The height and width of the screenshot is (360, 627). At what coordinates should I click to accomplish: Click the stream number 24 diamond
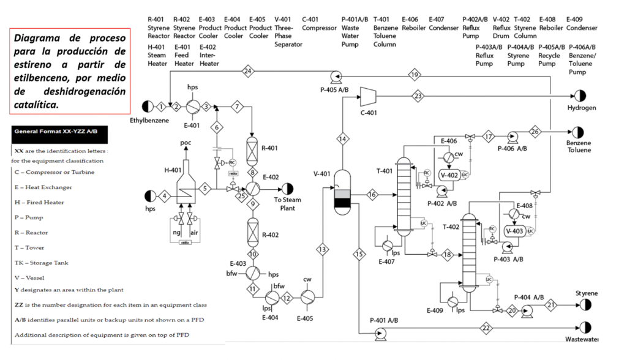[x=248, y=71]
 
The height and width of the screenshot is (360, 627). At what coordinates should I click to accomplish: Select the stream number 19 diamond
[x=415, y=75]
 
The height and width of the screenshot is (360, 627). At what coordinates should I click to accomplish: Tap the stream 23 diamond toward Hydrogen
[x=418, y=96]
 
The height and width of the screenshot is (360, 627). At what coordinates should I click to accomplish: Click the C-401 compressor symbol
[x=368, y=94]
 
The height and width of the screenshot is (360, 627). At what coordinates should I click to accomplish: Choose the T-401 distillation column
[x=404, y=196]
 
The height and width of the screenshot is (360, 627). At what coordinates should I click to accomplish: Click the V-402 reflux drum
[x=450, y=175]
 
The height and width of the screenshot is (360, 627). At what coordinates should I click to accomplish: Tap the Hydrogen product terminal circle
[x=579, y=96]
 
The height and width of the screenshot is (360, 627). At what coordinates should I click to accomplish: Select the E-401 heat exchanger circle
[x=193, y=107]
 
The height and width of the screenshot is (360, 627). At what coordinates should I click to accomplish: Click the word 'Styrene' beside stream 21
[x=586, y=293]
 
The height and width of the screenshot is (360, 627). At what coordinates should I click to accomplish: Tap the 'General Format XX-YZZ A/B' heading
[x=56, y=131]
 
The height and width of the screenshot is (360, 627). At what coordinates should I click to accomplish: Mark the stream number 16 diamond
[x=372, y=195]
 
